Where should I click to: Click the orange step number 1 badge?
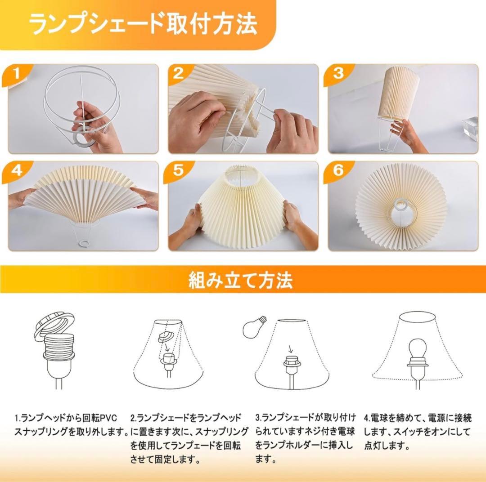tap(17, 73)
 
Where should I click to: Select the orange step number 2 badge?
tap(179, 73)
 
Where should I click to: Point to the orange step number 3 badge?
tap(338, 73)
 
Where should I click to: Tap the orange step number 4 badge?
tap(17, 171)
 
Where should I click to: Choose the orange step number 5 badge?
tap(179, 171)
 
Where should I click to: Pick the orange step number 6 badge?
tap(338, 171)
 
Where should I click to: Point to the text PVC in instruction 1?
tap(108, 419)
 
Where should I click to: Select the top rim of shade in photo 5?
tap(243, 172)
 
